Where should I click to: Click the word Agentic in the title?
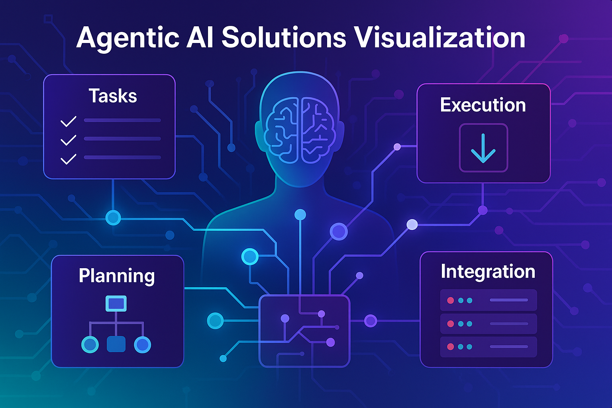point(127,39)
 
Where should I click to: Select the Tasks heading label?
point(113,96)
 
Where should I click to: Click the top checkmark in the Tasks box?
point(68,122)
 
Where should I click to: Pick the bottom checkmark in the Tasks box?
point(68,159)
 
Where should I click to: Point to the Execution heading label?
point(483,105)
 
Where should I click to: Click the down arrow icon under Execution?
point(483,148)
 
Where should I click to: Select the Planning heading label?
point(117,276)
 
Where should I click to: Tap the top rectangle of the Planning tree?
point(116,304)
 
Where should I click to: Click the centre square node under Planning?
point(116,344)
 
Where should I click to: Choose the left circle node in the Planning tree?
point(90,345)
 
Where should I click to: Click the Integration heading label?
point(488,272)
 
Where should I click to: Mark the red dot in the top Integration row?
point(451,300)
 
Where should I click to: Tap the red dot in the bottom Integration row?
point(451,347)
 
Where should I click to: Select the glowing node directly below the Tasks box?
point(113,218)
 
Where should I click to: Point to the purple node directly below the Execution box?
point(483,210)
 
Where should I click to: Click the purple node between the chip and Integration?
point(371,321)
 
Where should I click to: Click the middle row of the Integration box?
point(488,324)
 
